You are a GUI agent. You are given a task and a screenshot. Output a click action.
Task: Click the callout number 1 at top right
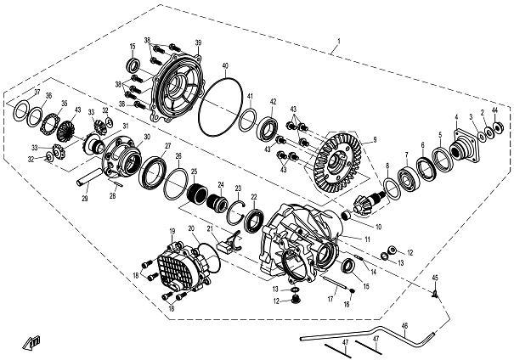click(338, 41)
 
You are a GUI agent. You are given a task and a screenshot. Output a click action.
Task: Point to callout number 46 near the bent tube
click(404, 325)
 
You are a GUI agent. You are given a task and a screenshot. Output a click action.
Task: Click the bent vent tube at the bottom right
click(374, 333)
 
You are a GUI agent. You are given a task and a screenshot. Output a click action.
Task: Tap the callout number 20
click(191, 228)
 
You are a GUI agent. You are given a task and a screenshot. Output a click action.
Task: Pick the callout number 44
click(495, 112)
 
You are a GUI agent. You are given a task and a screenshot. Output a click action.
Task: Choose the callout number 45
click(434, 278)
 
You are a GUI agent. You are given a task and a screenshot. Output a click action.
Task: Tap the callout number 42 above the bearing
click(274, 102)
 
